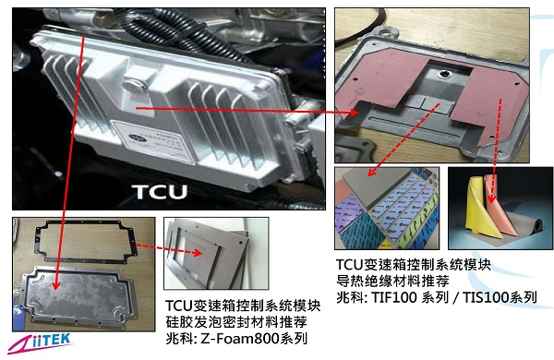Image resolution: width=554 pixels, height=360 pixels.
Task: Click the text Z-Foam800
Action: click(247, 340)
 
